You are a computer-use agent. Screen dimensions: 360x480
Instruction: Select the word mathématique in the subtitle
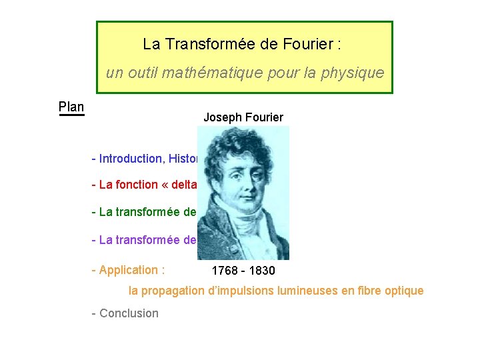coord(223,73)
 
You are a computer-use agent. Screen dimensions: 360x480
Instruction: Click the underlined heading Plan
coord(71,107)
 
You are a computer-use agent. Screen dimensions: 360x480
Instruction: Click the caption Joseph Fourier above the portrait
coord(243,117)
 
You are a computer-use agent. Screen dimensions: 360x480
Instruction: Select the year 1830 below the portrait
coord(261,271)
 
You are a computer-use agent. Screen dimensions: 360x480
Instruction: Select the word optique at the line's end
coord(405,291)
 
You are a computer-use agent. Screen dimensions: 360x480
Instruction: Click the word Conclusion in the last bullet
coord(129,313)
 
